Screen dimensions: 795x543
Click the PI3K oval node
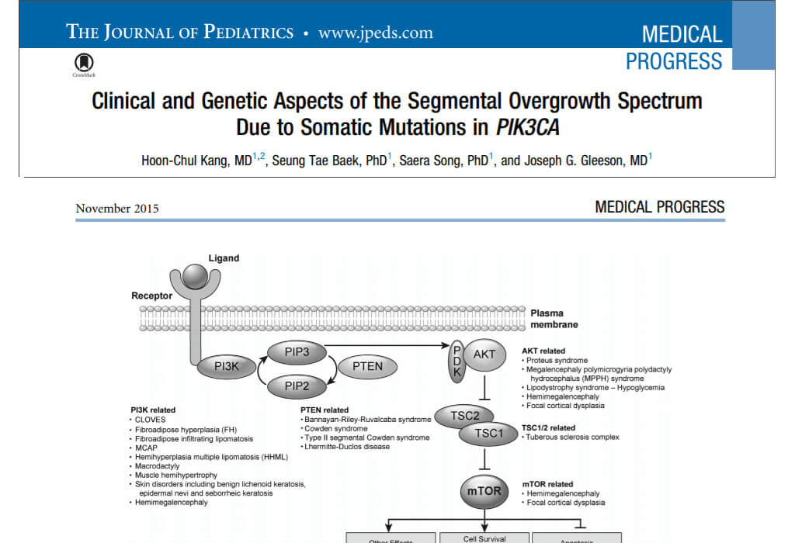(226, 366)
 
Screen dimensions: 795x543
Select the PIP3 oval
(297, 352)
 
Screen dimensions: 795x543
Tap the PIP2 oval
(297, 386)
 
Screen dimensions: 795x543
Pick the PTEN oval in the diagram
(367, 366)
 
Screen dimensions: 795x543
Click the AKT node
(484, 355)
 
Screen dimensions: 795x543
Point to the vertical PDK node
(457, 361)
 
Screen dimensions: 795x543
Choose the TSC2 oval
(465, 416)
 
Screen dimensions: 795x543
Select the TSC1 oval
(488, 434)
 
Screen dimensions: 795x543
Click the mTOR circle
(484, 491)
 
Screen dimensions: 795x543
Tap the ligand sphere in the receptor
(195, 276)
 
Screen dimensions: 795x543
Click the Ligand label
(224, 258)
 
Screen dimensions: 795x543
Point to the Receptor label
(151, 296)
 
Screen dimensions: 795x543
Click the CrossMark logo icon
(84, 63)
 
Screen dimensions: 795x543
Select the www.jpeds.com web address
(376, 33)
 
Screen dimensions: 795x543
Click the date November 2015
(117, 209)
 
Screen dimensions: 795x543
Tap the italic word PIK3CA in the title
(528, 127)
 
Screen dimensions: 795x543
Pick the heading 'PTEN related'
(325, 410)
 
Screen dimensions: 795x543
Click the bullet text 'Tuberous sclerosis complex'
(572, 438)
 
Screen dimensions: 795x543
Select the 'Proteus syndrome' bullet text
(557, 361)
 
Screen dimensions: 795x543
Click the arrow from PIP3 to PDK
(387, 345)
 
